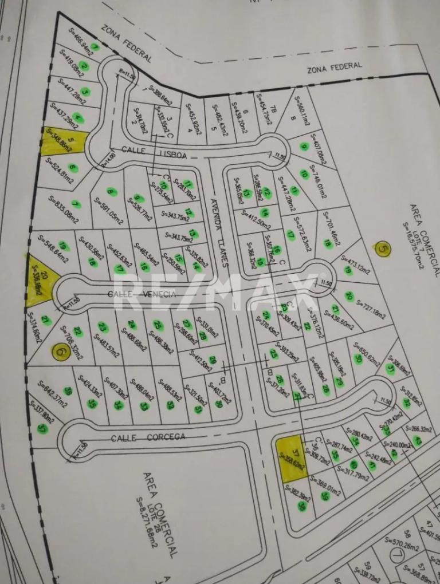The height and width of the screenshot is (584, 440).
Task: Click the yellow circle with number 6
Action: click(60, 352)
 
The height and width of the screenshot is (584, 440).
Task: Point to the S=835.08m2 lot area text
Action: click(64, 210)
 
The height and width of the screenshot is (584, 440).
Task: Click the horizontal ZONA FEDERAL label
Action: click(335, 67)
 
